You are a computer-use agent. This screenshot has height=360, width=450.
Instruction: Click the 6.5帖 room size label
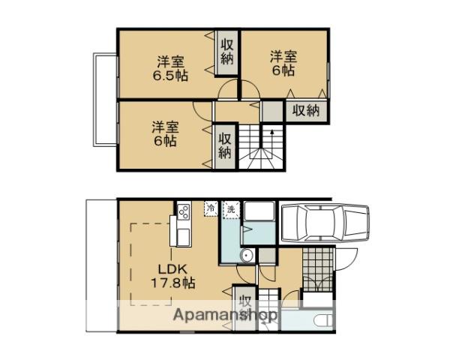172,75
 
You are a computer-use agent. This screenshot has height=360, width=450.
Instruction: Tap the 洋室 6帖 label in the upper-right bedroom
283,62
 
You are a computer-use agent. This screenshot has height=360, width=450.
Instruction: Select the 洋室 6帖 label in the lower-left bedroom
163,133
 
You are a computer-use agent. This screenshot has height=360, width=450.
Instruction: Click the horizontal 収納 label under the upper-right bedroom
305,110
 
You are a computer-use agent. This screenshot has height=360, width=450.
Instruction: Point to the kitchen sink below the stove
182,235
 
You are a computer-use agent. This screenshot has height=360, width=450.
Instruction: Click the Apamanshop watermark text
226,316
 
